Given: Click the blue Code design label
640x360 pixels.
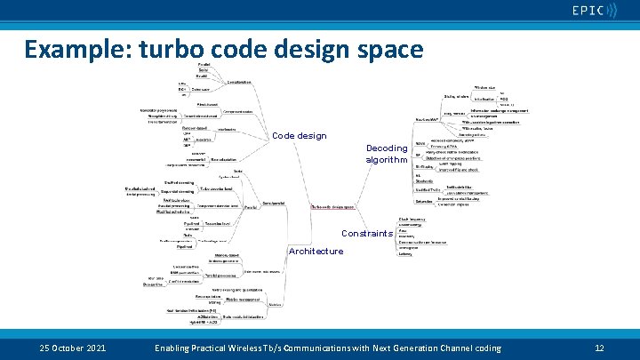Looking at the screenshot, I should click(x=299, y=136).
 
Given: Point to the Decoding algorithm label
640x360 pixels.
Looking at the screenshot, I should click(x=386, y=154).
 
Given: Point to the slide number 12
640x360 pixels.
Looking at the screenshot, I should click(x=599, y=348).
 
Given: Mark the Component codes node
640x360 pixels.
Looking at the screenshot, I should click(x=238, y=111).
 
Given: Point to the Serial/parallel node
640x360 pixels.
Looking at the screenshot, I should click(x=273, y=203).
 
